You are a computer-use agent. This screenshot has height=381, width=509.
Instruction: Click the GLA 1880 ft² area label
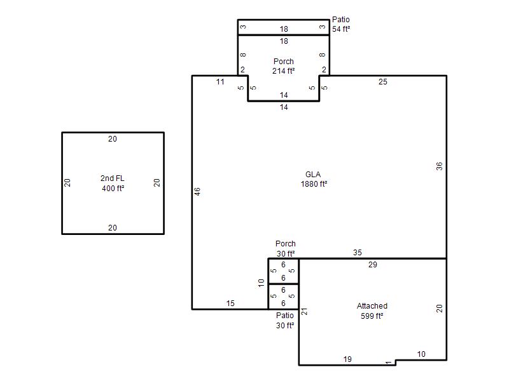[314, 179]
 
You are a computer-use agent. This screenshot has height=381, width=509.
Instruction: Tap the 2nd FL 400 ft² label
[113, 183]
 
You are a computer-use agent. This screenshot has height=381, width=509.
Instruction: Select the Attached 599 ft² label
[372, 311]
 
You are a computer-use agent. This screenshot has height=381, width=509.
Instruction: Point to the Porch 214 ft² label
[283, 66]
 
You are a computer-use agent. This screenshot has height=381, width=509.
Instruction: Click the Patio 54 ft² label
[341, 24]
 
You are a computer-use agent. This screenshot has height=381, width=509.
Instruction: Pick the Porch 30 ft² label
[285, 248]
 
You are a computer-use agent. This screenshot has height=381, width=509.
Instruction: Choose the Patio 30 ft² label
[285, 321]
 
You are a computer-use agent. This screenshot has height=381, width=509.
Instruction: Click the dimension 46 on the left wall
[197, 192]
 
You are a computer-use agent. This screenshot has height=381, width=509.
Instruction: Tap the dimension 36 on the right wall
[439, 166]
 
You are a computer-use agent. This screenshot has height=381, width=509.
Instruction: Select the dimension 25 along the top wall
[383, 82]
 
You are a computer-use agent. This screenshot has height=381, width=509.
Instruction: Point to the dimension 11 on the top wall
[220, 82]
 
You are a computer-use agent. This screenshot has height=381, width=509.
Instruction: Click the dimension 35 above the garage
[358, 253]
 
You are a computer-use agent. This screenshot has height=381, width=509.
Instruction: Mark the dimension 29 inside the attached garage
[373, 265]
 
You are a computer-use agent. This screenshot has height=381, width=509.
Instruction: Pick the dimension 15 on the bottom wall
[230, 304]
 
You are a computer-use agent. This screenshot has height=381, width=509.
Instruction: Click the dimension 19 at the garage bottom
[347, 359]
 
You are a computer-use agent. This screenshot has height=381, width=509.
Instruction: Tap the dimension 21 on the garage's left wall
[304, 312]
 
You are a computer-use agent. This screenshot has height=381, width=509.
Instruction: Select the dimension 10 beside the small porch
[261, 283]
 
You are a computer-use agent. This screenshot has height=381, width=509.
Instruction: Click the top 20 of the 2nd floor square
[113, 139]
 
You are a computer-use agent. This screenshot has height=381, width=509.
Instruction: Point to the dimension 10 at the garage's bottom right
[421, 354]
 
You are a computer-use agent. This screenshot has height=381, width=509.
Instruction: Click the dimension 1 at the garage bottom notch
[389, 362]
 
